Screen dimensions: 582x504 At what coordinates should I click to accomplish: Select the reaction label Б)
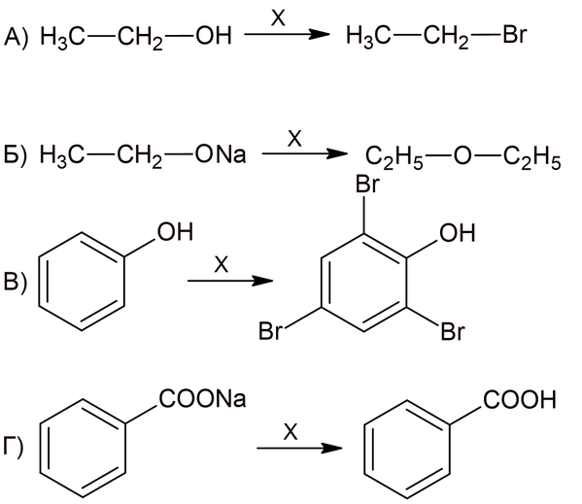click(16, 155)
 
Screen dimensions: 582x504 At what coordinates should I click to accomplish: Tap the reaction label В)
click(15, 283)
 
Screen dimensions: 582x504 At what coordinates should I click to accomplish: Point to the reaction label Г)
click(14, 447)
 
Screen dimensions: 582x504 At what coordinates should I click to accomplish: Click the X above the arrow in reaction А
click(278, 17)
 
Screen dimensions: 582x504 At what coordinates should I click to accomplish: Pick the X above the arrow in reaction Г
click(291, 432)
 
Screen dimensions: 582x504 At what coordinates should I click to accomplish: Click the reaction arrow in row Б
click(304, 153)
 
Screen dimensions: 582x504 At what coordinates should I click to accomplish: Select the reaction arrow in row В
click(230, 281)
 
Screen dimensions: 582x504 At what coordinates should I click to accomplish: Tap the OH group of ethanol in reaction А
click(214, 36)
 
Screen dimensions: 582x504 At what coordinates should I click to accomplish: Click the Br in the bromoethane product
click(515, 35)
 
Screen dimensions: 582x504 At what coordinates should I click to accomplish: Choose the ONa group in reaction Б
click(221, 155)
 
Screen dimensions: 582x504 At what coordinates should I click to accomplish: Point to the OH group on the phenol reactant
click(175, 232)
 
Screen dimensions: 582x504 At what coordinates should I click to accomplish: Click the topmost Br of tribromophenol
click(367, 185)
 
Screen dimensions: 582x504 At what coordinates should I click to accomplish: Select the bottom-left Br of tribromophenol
click(271, 331)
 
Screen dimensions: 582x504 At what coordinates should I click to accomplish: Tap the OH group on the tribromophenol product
click(458, 233)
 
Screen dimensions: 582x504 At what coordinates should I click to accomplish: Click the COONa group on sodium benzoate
click(203, 399)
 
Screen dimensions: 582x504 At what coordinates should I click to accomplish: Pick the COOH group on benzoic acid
click(520, 400)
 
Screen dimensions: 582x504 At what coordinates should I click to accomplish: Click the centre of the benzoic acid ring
click(407, 449)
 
